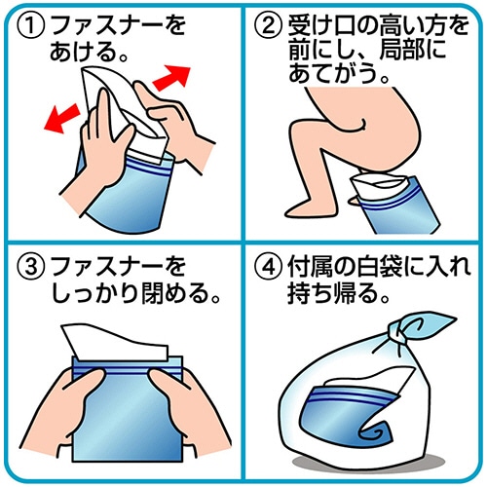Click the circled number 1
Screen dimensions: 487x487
click(30, 26)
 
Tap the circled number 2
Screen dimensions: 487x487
click(267, 26)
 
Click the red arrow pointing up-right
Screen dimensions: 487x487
click(172, 77)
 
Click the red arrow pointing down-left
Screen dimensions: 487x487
click(61, 119)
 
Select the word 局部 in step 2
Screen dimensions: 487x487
click(402, 51)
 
